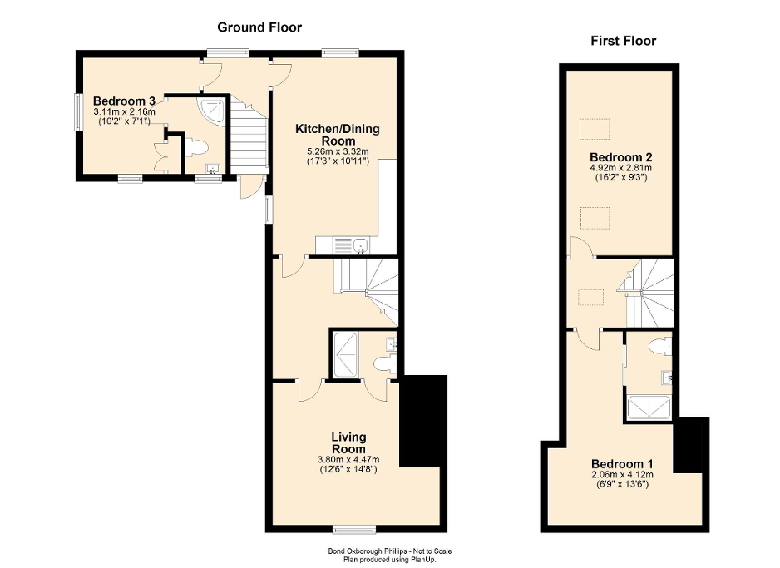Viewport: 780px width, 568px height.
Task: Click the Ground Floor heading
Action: (259, 27)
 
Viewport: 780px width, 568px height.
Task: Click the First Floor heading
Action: (623, 41)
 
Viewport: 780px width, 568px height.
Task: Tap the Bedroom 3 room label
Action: (124, 101)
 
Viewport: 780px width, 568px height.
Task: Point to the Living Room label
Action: (348, 442)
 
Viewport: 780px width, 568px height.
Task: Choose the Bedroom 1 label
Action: (622, 463)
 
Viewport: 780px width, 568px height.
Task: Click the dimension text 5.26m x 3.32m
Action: (337, 151)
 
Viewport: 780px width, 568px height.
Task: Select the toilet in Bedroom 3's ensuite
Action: (195, 147)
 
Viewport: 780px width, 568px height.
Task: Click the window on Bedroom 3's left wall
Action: (77, 111)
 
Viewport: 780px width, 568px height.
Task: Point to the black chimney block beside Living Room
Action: (423, 421)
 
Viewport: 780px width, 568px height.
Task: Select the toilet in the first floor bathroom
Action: (661, 345)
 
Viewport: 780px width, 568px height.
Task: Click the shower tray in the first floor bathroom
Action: (649, 407)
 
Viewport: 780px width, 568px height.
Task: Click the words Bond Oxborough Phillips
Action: (363, 551)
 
